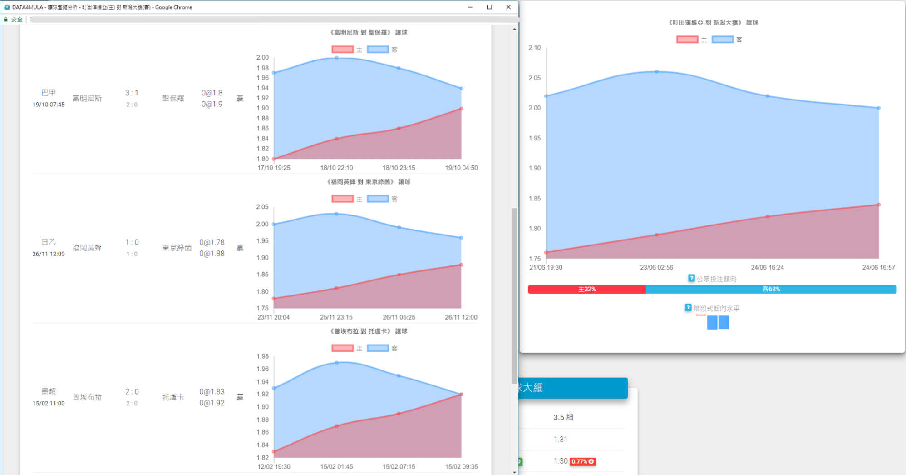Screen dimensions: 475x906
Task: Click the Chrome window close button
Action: point(508,7)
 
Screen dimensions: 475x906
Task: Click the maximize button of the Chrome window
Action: point(489,7)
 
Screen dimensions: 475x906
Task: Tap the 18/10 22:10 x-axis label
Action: point(336,168)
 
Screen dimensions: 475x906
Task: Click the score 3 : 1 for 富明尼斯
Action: point(132,93)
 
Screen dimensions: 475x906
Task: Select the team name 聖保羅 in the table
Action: point(173,98)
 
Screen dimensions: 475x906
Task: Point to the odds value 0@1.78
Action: point(212,242)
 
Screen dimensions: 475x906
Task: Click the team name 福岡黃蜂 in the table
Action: point(87,248)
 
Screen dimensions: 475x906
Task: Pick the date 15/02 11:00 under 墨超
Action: point(49,403)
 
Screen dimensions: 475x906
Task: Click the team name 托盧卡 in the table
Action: point(173,397)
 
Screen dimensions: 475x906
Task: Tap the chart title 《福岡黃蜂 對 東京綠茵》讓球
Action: point(369,182)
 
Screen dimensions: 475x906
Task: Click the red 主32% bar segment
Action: point(587,289)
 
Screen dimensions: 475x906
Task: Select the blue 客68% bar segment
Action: point(771,289)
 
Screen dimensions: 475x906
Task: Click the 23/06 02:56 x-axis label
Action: point(656,267)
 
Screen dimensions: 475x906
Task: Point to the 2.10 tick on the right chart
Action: point(535,48)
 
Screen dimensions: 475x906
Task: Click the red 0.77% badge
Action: point(583,461)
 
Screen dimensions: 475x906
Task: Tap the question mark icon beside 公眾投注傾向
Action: point(691,278)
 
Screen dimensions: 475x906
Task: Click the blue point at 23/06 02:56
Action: point(657,72)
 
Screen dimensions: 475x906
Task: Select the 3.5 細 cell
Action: point(563,417)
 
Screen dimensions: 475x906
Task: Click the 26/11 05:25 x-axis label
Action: point(399,317)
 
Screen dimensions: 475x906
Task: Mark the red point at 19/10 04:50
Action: point(461,109)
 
